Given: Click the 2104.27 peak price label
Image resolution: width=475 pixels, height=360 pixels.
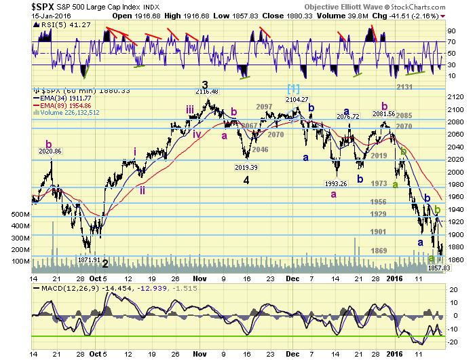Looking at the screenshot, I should (296, 98).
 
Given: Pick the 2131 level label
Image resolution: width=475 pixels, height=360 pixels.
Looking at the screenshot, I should (405, 87).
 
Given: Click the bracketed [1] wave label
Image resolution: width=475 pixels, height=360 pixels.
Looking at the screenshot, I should (293, 88).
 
